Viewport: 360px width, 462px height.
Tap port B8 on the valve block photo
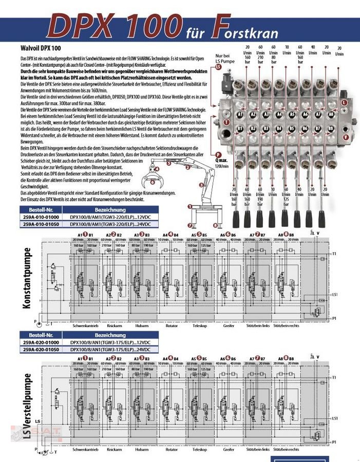pos(332,128)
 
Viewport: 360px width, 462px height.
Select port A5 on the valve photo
pos(292,114)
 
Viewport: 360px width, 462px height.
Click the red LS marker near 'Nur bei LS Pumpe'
pos(219,67)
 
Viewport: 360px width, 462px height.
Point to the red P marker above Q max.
pos(218,154)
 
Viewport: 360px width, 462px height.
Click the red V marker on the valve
pos(346,137)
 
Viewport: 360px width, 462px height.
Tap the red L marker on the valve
pos(344,103)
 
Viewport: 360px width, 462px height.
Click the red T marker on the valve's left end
pos(226,122)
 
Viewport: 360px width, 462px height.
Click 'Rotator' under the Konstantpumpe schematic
pos(172,325)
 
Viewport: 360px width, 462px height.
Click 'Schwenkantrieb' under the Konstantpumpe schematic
pos(85,325)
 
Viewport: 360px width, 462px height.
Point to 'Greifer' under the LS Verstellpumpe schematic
pos(229,450)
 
